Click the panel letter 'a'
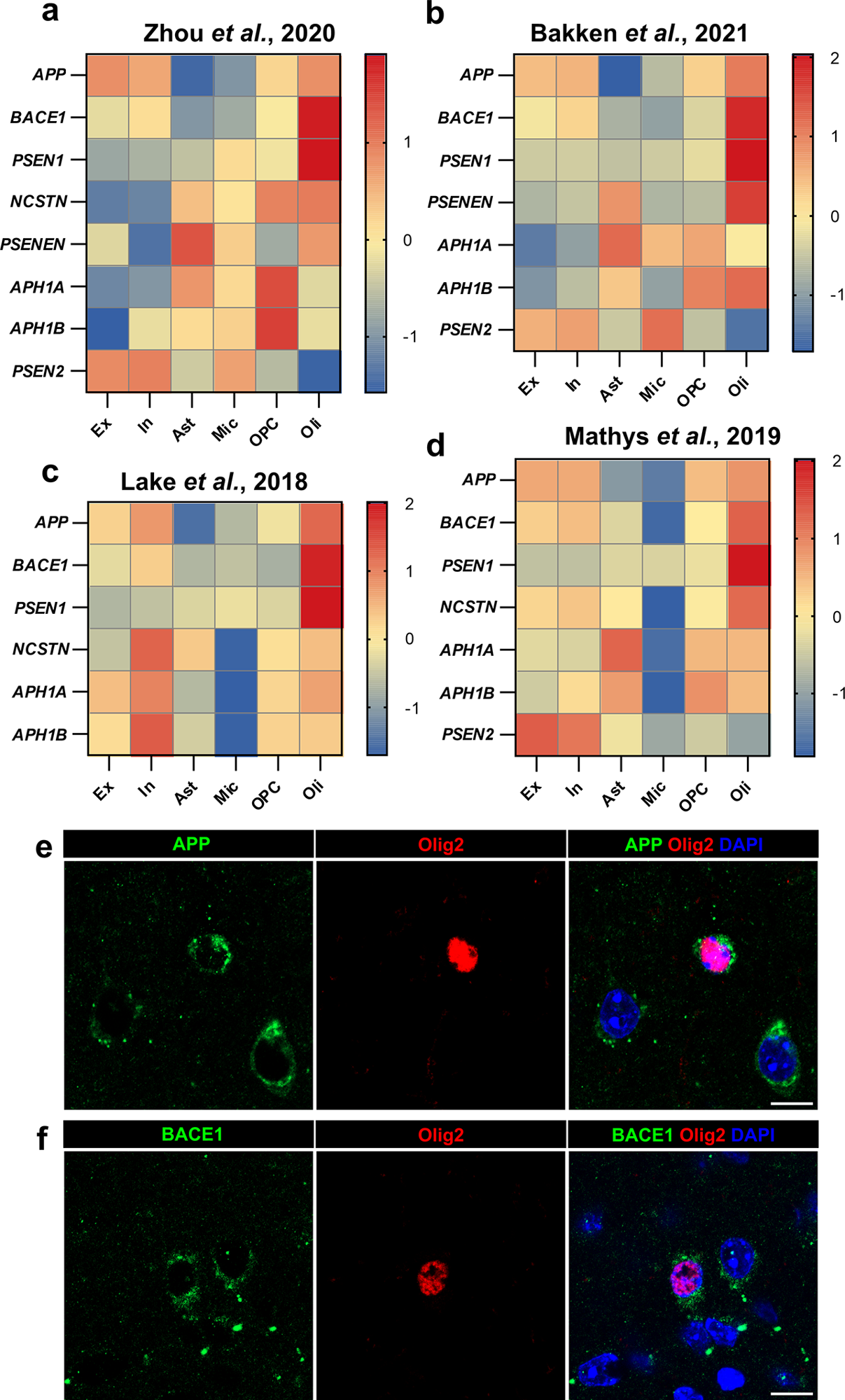pos(50,12)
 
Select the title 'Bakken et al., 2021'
pos(638,33)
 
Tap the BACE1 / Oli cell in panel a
pos(319,118)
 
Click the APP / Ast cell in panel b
pos(620,76)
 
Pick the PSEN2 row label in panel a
pos(38,371)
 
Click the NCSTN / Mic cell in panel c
pos(236,650)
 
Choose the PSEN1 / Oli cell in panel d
pos(748,565)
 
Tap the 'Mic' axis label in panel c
pos(225,793)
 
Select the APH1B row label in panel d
pos(467,693)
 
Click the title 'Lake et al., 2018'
pos(214,482)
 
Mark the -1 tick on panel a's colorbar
pos(410,337)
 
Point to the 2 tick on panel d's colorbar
pos(837,461)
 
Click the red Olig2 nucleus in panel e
pos(462,954)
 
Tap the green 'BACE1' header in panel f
pos(192,1135)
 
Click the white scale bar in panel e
pos(791,1104)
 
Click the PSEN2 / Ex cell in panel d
pos(537,734)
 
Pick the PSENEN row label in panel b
pos(460,202)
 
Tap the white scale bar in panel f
pos(791,1392)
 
